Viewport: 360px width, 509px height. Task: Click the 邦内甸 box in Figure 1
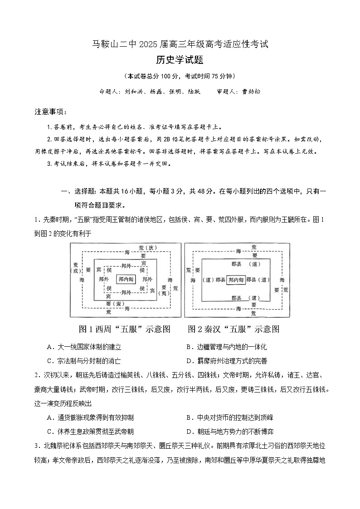(x=126, y=280)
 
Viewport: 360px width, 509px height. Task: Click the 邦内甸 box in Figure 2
(x=236, y=280)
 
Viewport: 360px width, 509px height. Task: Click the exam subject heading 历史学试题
(x=180, y=60)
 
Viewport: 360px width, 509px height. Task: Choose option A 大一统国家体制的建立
(x=84, y=347)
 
